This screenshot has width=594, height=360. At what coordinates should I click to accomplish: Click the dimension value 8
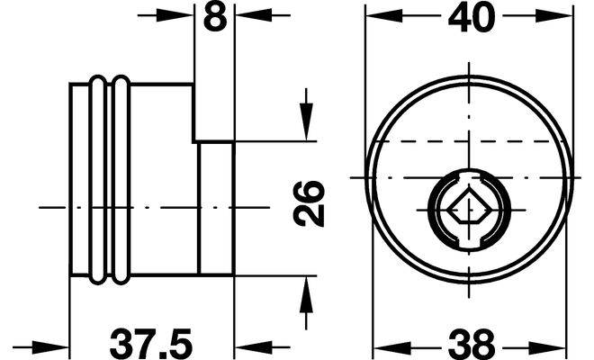[215, 16]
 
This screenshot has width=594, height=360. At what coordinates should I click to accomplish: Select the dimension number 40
[472, 17]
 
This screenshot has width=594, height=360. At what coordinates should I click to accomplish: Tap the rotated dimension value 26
[309, 204]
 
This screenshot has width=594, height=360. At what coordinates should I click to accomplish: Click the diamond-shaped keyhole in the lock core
[469, 209]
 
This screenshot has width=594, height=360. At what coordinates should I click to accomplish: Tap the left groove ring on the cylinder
[97, 180]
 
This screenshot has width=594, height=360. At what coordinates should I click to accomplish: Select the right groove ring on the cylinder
[121, 180]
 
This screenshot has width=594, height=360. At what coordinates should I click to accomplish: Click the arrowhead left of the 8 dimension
[177, 15]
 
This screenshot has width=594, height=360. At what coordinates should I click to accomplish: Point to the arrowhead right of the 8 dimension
[253, 15]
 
